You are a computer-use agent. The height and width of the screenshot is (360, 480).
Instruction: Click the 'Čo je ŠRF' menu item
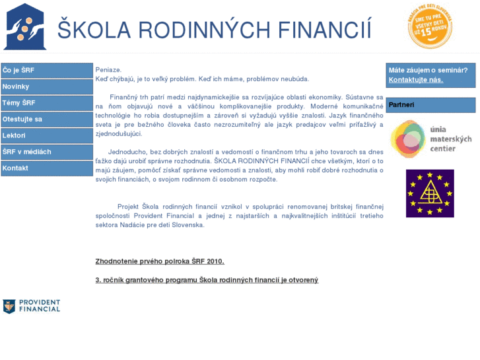pos(46,71)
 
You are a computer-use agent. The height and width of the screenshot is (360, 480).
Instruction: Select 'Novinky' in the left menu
pos(46,87)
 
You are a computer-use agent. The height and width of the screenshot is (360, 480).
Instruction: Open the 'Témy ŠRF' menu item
pos(46,103)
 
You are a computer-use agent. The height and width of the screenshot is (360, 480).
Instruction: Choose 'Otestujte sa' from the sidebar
pos(46,119)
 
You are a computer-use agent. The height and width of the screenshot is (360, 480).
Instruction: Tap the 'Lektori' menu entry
pos(46,135)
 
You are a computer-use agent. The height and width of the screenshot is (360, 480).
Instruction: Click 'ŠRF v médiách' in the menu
pos(46,151)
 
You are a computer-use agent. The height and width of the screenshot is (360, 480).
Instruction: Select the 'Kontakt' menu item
pos(46,168)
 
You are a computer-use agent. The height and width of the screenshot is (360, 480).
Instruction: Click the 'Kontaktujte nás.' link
pos(416,80)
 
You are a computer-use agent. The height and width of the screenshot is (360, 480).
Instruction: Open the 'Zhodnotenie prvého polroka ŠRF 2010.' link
pos(160,261)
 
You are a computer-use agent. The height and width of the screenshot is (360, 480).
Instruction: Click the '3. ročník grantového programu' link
pos(207,280)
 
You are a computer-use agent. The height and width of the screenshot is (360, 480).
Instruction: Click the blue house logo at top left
pos(25,26)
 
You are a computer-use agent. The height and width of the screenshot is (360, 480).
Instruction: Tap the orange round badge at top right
pos(430,26)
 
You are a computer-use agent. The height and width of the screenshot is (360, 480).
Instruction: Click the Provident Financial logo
pos(31,306)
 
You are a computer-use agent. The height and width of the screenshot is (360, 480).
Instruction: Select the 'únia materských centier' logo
pos(430,139)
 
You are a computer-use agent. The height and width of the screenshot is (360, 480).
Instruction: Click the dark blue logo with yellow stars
pos(430,193)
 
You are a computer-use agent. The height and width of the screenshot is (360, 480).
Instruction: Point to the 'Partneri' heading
pos(402,104)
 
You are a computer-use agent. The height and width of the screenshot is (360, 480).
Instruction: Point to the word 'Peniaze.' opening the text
pos(108,69)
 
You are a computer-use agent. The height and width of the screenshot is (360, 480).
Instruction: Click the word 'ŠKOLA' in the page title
pos(90,30)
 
